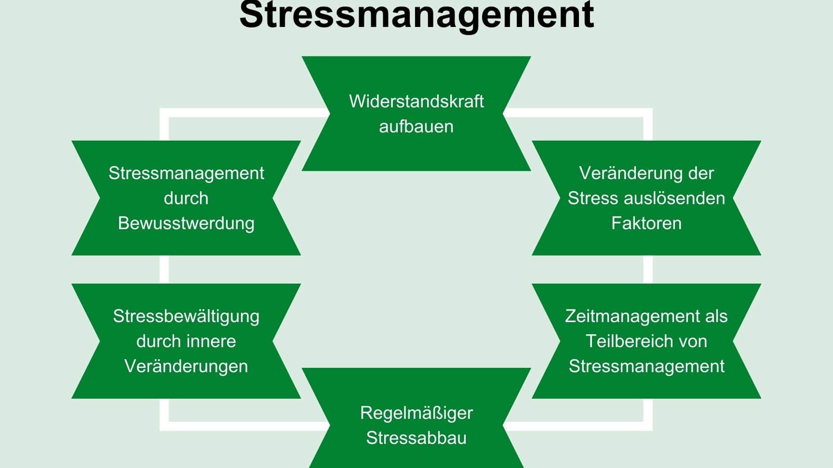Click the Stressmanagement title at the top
[416, 14]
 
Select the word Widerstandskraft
[416, 101]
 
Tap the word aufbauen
[416, 126]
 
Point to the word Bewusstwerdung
[186, 223]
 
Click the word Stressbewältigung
[186, 316]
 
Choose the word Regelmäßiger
[416, 413]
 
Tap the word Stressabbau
[416, 438]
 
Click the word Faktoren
[646, 223]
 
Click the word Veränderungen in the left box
[186, 366]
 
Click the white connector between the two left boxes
[164, 269]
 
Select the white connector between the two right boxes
[648, 269]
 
